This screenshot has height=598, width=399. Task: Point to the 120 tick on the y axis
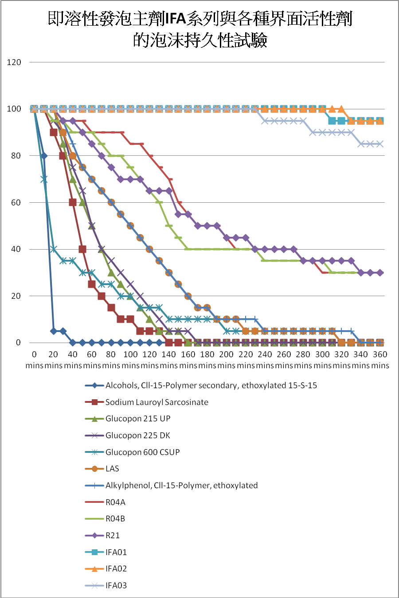click(14, 62)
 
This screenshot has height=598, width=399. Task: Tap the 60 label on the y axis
click(16, 203)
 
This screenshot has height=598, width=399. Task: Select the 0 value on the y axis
click(18, 343)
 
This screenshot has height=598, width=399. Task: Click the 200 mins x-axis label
click(226, 359)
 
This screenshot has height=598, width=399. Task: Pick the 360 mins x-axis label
click(380, 359)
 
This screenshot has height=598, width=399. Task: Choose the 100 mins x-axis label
click(130, 359)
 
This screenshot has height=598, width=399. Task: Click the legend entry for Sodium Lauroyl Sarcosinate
click(156, 402)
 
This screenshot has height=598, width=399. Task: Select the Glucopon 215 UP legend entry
click(137, 419)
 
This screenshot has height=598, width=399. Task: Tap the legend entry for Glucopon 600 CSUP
click(142, 452)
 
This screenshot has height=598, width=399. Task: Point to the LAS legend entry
click(112, 469)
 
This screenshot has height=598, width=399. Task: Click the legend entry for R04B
click(115, 519)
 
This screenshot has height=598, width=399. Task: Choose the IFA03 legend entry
click(116, 586)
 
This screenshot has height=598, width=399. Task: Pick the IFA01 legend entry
click(116, 552)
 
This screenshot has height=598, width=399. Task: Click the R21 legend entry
click(113, 536)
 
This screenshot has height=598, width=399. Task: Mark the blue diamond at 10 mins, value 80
click(44, 156)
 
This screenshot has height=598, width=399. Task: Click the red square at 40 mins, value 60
click(73, 202)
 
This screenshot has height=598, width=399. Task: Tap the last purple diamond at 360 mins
click(380, 273)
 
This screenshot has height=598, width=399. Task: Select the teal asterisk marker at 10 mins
click(44, 179)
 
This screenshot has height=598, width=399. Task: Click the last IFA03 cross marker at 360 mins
click(380, 144)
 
